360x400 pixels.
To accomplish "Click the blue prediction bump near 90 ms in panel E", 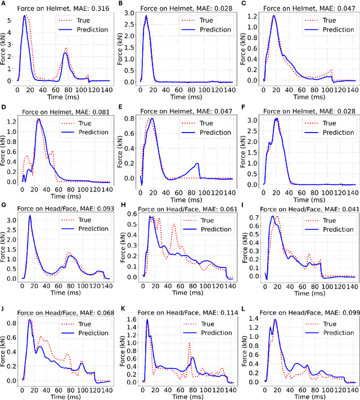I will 197,163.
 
